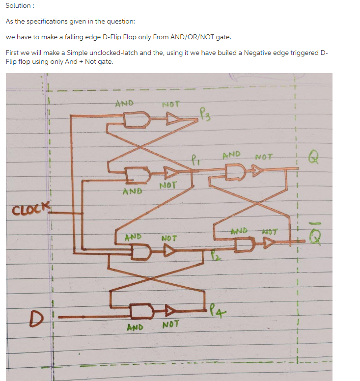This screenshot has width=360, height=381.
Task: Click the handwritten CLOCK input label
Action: [31, 209]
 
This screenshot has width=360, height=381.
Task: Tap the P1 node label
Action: [195, 160]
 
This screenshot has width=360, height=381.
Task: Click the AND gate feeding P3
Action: [137, 119]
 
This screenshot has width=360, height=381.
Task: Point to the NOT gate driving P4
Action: [170, 310]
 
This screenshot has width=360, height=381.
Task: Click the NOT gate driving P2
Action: [169, 250]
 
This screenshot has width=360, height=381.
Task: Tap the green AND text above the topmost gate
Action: [124, 103]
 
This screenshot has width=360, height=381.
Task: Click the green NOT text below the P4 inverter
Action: [170, 324]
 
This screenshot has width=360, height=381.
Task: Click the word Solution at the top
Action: [18, 5]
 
